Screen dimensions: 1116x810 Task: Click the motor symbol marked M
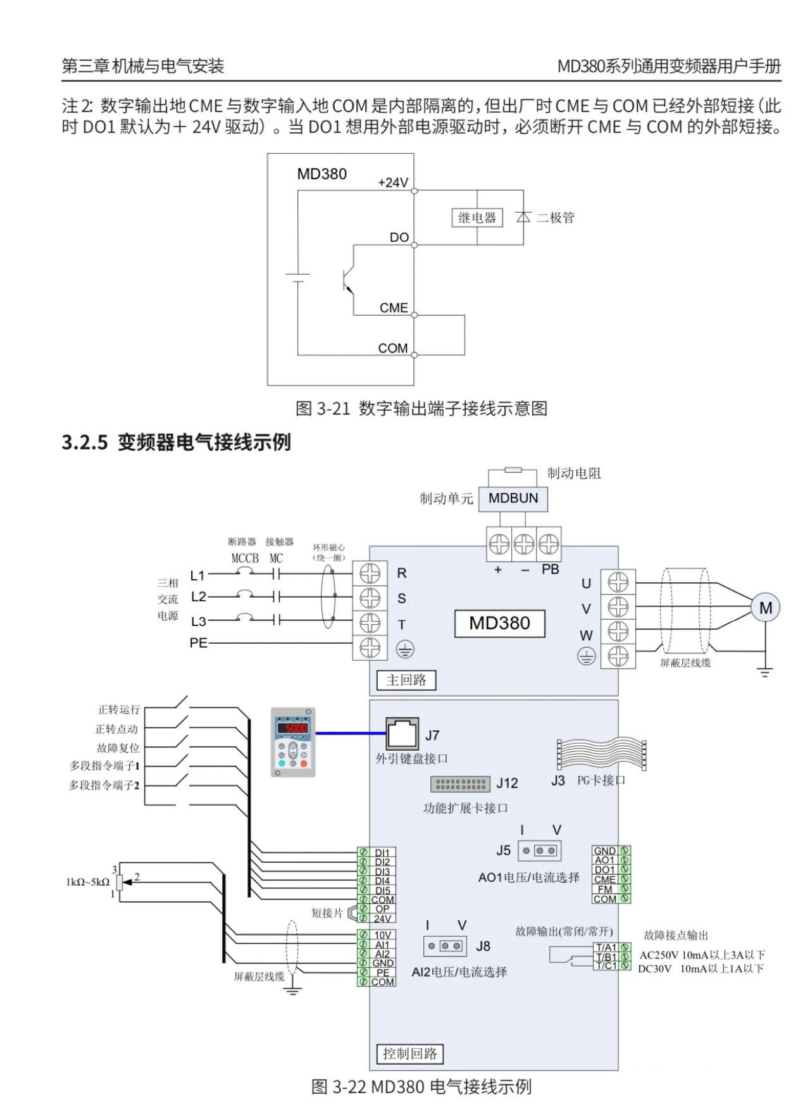pos(765,608)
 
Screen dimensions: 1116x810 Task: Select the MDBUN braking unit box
pos(513,498)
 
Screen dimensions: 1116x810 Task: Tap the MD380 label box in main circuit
pos(499,624)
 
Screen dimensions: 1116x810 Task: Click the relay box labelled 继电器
pos(477,218)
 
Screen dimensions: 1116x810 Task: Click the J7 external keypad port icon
pos(403,734)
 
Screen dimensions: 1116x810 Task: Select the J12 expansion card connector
pos(460,784)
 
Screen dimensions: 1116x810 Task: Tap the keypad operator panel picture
pos(293,742)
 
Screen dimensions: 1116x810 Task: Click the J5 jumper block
pos(539,851)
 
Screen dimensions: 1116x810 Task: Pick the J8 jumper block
pos(445,946)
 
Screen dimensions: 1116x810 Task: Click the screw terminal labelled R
pos(370,574)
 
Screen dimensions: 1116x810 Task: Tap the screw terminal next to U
pos(618,582)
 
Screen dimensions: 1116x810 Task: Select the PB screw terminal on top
pos(549,544)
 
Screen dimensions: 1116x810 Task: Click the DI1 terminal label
pos(382,853)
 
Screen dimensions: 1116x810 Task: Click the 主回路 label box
pos(406,680)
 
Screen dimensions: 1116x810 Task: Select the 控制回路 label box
pos(410,1053)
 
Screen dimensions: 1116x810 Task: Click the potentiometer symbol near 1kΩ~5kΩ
pos(120,881)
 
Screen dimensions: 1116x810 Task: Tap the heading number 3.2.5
pos(85,442)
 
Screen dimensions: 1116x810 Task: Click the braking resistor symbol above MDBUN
pos(513,470)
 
